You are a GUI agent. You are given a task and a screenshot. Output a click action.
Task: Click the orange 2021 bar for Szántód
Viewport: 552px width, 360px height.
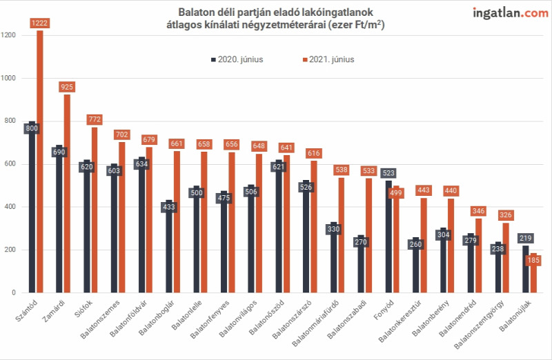40,161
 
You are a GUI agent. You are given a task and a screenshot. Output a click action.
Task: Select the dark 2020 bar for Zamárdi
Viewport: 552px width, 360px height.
59,219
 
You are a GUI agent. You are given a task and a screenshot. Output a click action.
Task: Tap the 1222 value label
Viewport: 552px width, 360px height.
39,23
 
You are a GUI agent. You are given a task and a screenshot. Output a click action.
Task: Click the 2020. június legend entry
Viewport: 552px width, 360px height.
237,59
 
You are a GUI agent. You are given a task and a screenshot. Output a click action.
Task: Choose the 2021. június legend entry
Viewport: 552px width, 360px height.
328,59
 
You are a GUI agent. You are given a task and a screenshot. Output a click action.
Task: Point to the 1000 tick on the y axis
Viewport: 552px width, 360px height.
8,78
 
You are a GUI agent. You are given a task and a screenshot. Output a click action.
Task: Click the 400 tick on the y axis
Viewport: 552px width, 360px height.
10,207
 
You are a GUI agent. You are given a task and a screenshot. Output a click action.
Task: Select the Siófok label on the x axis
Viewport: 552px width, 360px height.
83,308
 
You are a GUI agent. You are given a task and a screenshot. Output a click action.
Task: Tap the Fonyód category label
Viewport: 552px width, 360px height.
384,310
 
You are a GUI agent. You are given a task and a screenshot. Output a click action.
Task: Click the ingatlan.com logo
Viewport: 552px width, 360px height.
510,13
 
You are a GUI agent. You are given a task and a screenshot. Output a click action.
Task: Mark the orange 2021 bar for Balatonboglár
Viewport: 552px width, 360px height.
177,222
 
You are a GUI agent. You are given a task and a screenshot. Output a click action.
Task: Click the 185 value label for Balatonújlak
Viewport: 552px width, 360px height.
533,260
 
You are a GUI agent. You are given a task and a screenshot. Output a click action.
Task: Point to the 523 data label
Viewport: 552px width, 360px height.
388,173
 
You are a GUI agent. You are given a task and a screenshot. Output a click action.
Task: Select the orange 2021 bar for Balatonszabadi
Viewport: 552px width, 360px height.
368,236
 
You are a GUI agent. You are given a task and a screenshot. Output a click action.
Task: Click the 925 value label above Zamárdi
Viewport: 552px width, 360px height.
67,87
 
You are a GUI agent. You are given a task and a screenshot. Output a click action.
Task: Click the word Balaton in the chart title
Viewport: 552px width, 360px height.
195,12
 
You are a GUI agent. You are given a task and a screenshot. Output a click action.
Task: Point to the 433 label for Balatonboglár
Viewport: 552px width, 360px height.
169,207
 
